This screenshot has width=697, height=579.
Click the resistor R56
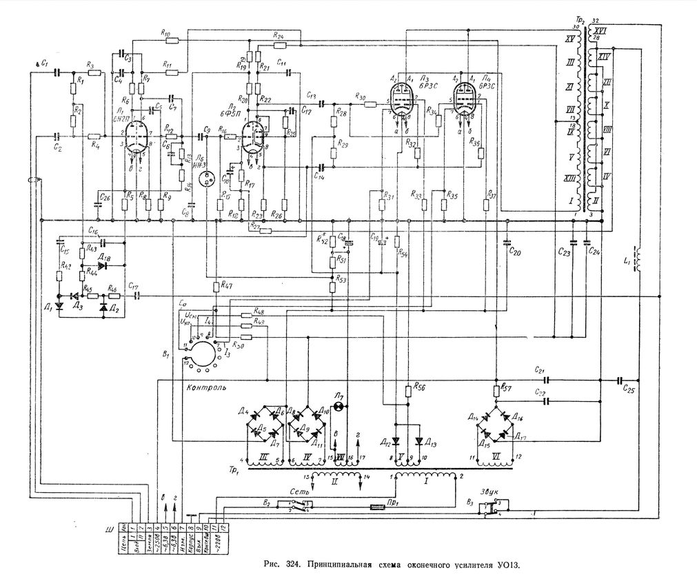[x=410, y=390]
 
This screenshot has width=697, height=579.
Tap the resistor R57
[x=497, y=391]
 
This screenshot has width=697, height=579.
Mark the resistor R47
[x=216, y=285]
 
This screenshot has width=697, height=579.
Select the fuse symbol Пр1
[x=376, y=507]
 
